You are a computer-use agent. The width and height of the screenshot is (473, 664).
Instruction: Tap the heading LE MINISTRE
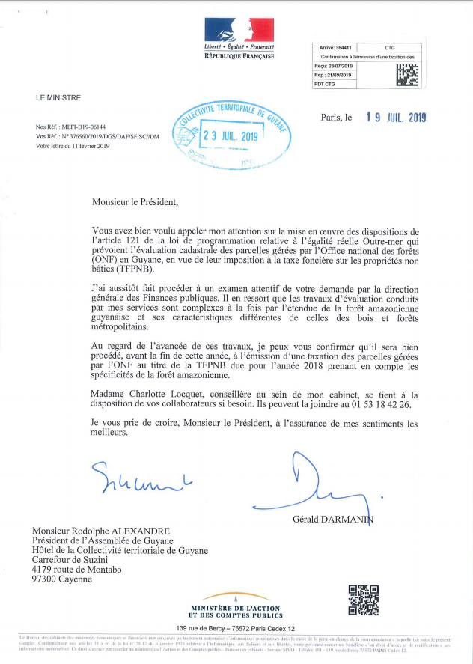(x=58, y=98)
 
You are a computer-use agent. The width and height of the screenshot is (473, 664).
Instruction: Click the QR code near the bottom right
(x=364, y=600)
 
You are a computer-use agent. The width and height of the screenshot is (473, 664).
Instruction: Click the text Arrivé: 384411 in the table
(x=335, y=47)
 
